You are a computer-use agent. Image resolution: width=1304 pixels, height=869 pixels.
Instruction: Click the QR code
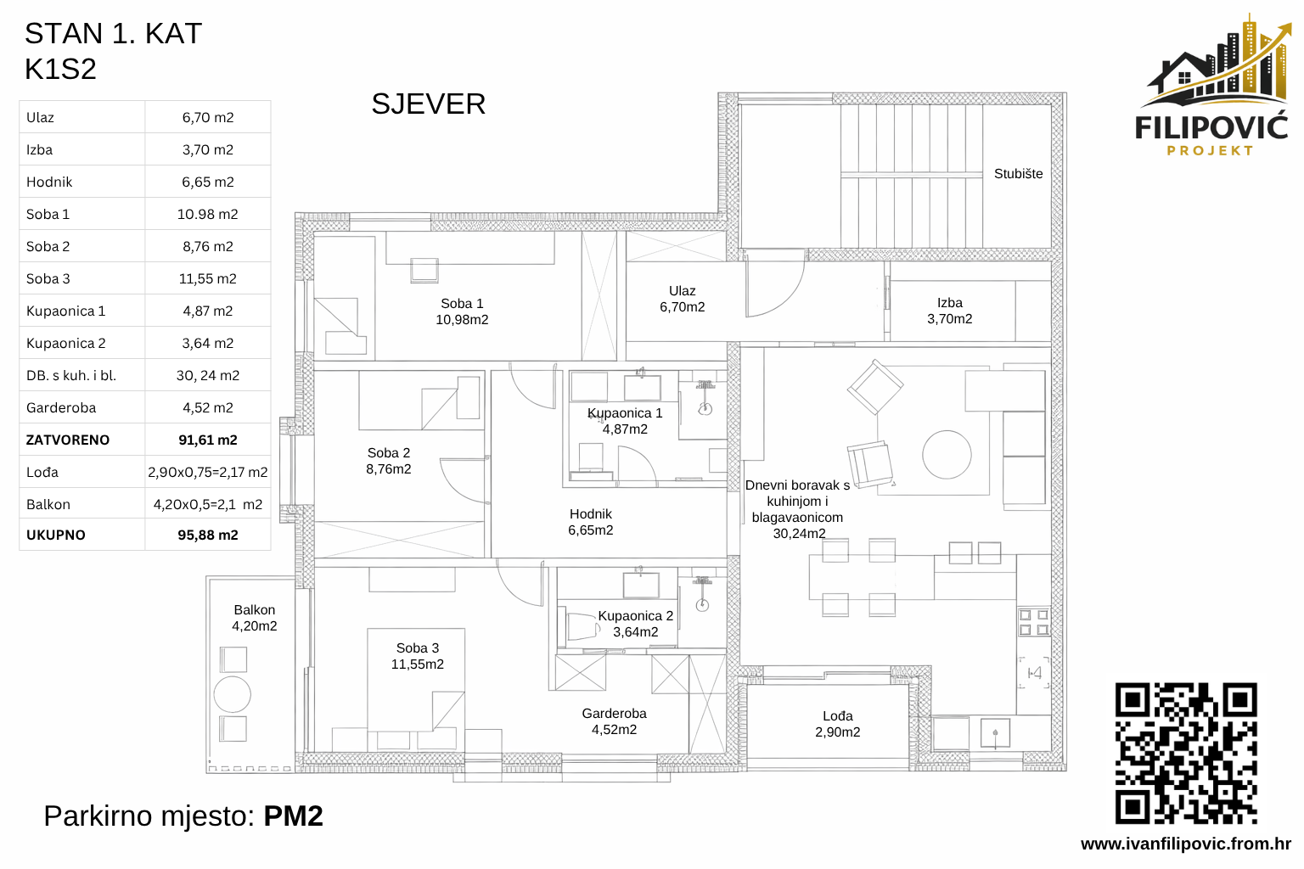[1186, 753]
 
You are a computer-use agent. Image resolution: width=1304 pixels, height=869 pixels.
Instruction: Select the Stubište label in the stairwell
[1018, 174]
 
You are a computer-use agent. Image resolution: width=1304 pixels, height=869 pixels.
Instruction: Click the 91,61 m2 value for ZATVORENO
[208, 440]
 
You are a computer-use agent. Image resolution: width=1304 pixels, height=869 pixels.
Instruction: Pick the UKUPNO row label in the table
[56, 535]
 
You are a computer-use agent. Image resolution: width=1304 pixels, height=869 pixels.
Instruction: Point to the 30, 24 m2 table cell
[208, 375]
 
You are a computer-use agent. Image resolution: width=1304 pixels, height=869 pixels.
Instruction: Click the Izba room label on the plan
[949, 311]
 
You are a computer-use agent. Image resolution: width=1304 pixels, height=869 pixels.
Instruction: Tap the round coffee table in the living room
[947, 455]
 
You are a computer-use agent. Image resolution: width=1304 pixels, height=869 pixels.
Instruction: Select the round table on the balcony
[233, 694]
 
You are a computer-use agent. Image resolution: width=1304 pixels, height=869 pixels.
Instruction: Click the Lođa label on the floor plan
[837, 724]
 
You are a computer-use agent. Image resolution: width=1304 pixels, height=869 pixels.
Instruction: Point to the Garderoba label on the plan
[614, 721]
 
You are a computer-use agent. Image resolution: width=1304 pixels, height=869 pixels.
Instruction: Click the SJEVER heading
[428, 104]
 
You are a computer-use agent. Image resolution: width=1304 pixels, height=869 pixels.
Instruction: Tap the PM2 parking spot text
[293, 816]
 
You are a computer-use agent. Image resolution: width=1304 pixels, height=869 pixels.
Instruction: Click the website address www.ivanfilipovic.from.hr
[1185, 844]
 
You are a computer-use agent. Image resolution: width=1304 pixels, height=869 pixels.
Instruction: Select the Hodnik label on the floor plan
[591, 522]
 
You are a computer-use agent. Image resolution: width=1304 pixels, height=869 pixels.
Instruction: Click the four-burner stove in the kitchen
[1033, 622]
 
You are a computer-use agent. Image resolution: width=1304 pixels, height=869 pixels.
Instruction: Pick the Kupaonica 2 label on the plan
[635, 624]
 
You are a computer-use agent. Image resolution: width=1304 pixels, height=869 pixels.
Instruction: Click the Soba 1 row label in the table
[48, 215]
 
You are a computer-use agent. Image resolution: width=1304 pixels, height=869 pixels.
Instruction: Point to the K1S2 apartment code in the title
[60, 70]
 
